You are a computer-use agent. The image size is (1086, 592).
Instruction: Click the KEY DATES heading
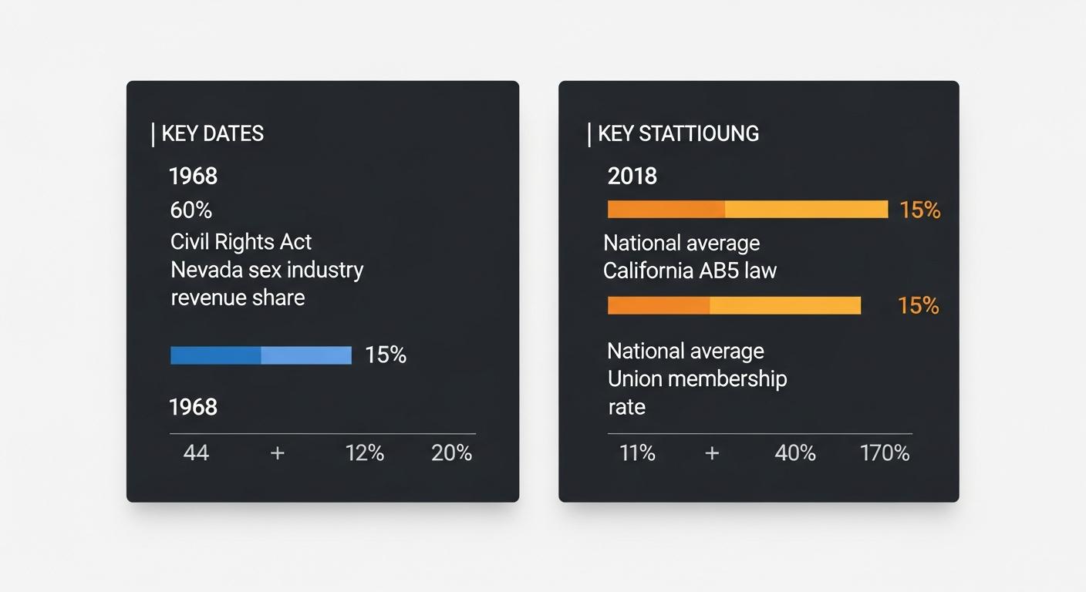212,133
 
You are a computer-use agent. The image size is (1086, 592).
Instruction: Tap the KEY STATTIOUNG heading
678,133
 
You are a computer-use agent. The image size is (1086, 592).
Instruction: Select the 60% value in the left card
191,210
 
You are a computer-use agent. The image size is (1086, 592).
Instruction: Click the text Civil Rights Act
241,241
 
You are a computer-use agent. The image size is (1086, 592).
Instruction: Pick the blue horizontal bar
261,355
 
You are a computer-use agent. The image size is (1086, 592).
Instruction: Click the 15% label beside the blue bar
386,355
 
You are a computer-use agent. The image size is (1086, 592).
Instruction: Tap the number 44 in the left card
196,452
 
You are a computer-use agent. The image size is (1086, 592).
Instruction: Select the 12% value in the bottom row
364,452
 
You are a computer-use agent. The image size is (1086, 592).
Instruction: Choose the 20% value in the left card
451,452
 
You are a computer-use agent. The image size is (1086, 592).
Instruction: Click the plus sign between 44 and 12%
278,453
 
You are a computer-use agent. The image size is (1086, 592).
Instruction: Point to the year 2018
632,177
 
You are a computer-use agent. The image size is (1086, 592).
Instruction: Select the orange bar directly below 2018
747,210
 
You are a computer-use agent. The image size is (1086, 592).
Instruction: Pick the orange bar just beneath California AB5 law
734,305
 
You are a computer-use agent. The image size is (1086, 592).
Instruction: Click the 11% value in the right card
637,452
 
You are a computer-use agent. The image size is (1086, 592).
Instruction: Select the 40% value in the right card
795,452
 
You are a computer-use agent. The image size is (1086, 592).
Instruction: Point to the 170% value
885,452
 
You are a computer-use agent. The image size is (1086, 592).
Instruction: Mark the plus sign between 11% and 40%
712,453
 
